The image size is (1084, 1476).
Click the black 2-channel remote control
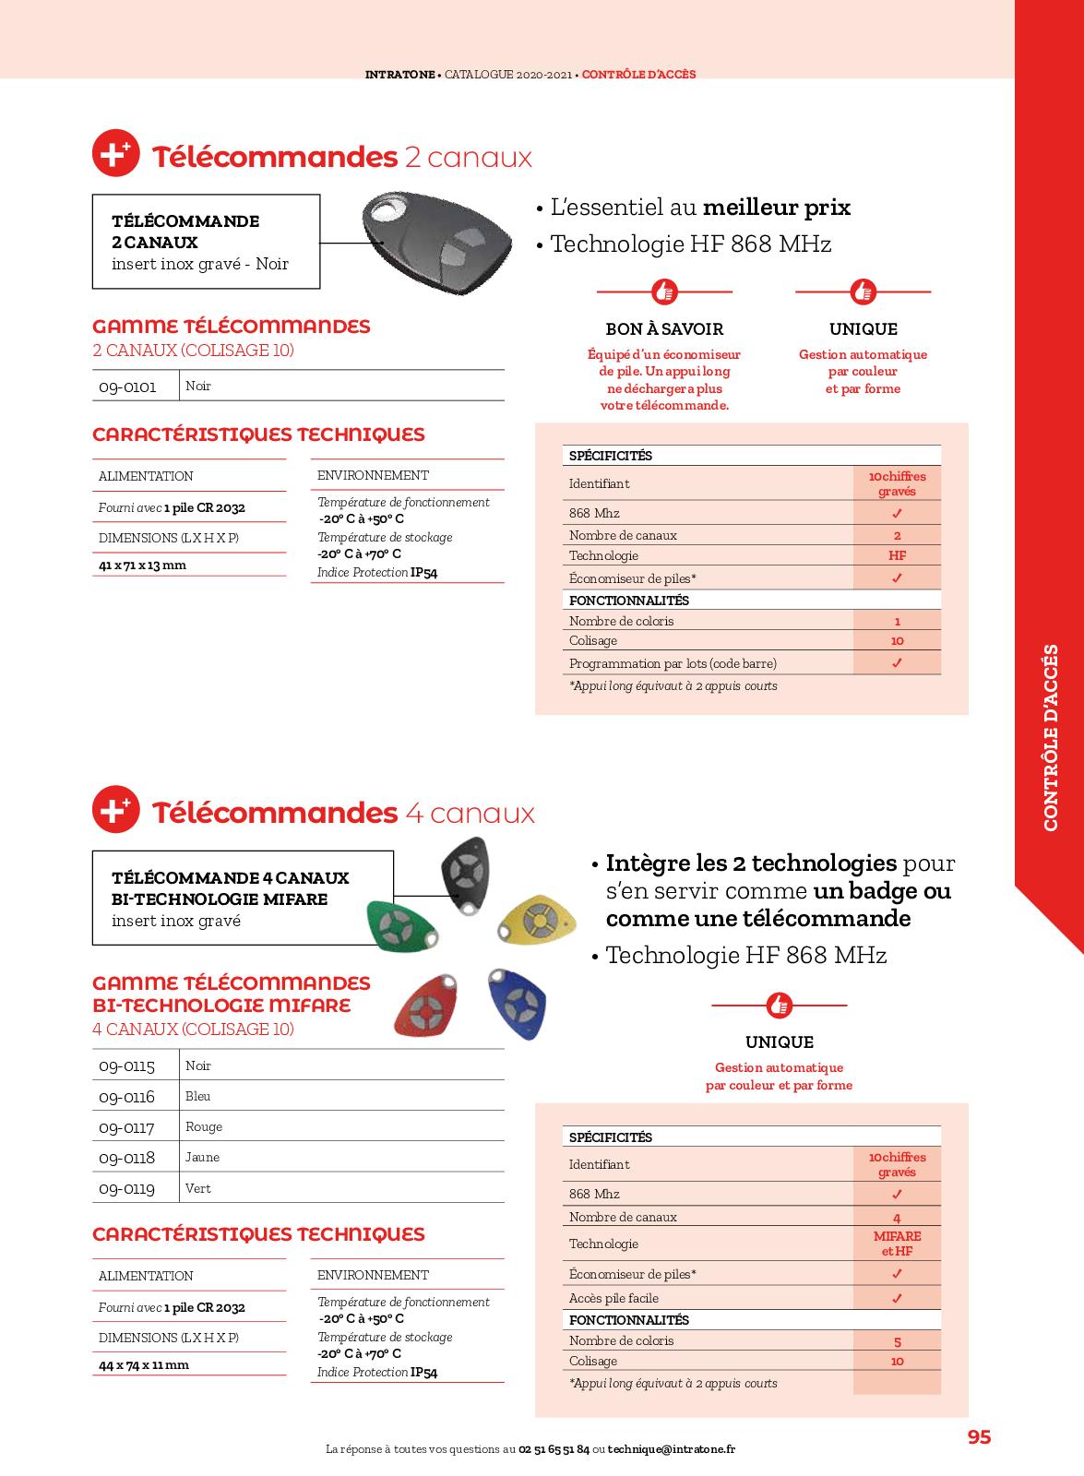[437, 243]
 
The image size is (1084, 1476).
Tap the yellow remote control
[538, 920]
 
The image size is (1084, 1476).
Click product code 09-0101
[127, 387]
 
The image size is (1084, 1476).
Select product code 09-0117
[127, 1127]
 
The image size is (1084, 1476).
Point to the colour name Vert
[198, 1188]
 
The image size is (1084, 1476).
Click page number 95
[979, 1437]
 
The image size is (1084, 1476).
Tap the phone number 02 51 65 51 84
[554, 1449]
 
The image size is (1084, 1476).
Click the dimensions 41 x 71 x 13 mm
[142, 565]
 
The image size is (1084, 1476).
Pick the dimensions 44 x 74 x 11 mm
[144, 1365]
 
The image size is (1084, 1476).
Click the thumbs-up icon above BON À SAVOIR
[664, 292]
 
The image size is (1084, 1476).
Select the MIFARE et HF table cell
[897, 1244]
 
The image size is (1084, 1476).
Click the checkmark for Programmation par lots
[897, 663]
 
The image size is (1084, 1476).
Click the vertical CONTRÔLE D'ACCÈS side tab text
[1051, 737]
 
